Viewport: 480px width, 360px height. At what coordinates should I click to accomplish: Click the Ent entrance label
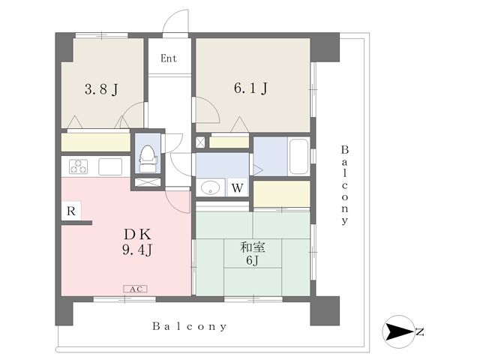pyautogui.click(x=169, y=58)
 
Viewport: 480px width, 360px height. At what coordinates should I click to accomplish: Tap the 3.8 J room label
pyautogui.click(x=101, y=90)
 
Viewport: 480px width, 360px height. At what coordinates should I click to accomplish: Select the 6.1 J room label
pyautogui.click(x=250, y=88)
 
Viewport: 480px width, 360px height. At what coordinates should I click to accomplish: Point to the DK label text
pyautogui.click(x=137, y=235)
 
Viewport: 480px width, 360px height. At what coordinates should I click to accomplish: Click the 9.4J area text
pyautogui.click(x=137, y=250)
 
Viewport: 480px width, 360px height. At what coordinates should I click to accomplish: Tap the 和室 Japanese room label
pyautogui.click(x=253, y=247)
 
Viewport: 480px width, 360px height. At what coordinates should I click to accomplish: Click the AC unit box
pyautogui.click(x=135, y=289)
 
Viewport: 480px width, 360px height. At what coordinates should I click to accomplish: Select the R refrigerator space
pyautogui.click(x=71, y=211)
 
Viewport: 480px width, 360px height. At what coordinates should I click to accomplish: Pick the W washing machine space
pyautogui.click(x=237, y=187)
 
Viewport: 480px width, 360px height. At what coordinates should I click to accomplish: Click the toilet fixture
pyautogui.click(x=148, y=159)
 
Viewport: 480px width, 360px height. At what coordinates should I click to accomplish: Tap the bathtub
pyautogui.click(x=298, y=157)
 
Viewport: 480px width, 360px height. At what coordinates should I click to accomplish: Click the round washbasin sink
pyautogui.click(x=210, y=187)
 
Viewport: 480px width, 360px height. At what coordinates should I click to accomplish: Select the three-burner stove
pyautogui.click(x=78, y=166)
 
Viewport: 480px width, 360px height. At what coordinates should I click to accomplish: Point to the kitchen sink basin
pyautogui.click(x=110, y=166)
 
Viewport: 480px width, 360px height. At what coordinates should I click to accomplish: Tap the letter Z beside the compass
pyautogui.click(x=420, y=331)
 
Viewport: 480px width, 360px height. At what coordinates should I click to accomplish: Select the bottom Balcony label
pyautogui.click(x=190, y=326)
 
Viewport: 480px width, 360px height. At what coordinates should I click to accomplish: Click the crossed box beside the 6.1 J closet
pyautogui.click(x=200, y=142)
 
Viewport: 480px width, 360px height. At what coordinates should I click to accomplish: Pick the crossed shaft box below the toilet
pyautogui.click(x=148, y=182)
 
